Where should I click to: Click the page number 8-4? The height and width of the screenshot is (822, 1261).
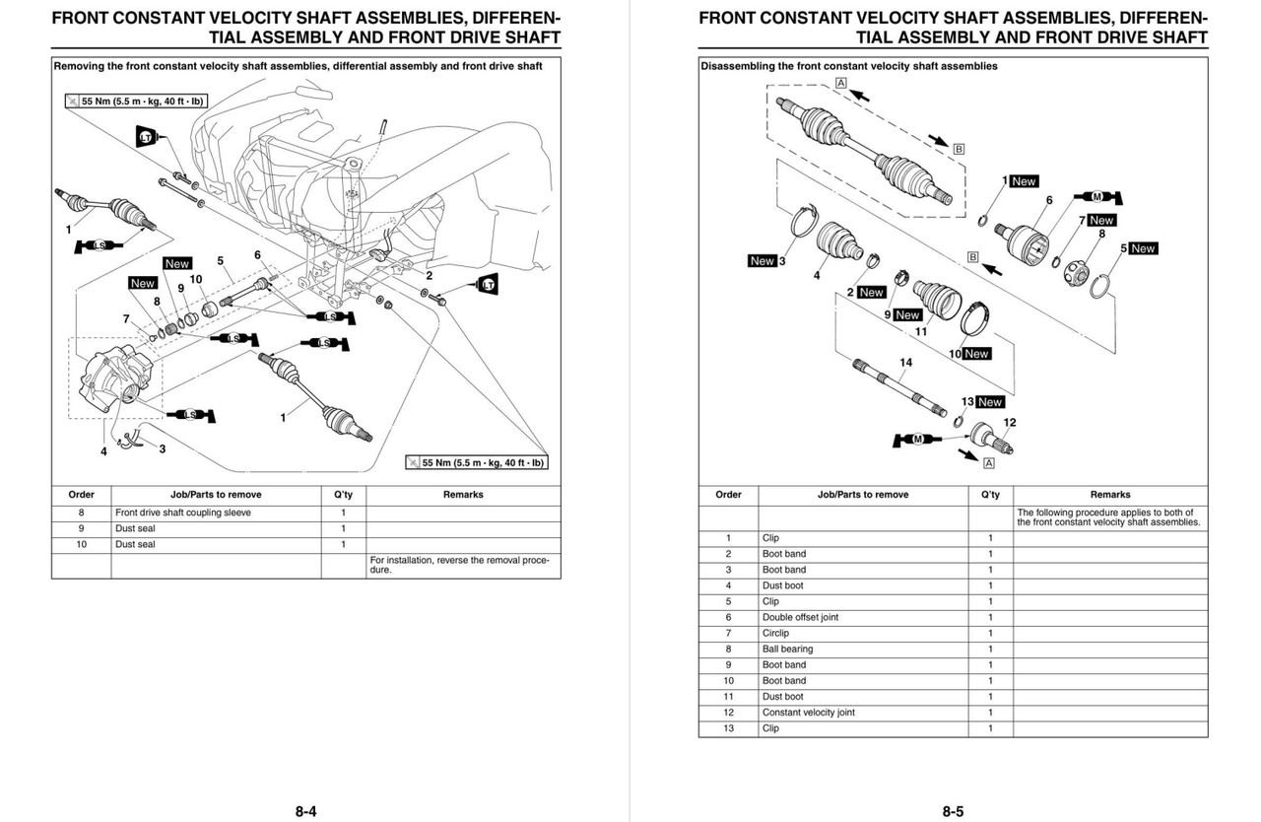pos(305,812)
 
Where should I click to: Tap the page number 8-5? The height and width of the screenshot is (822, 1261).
pos(953,812)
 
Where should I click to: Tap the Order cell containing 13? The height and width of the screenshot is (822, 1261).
pos(728,728)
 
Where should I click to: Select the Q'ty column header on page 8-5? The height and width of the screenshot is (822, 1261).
pos(990,495)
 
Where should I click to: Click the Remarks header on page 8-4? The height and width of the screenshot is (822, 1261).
pos(463,495)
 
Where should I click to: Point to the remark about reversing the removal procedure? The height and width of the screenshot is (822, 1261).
pos(459,565)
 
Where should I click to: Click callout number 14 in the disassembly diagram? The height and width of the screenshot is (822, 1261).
pos(905,362)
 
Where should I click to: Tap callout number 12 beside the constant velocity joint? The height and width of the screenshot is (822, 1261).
pos(1010,422)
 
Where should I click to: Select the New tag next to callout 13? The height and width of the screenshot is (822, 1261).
pos(989,401)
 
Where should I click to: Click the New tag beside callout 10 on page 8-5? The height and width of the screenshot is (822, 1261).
pos(975,353)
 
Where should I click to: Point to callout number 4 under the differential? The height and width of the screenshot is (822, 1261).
pos(103,451)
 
